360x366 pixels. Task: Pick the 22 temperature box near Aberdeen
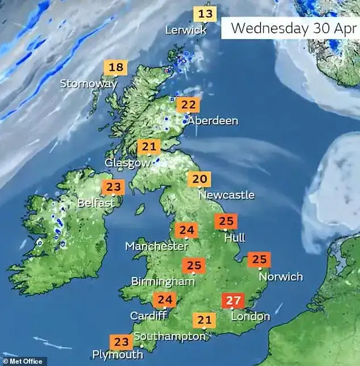pos(187,105)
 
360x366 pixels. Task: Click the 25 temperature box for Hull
pos(227,221)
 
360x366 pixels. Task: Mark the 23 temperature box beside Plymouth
pos(121,342)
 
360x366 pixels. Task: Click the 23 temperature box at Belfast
pos(113,187)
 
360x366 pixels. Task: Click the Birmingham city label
pos(159,281)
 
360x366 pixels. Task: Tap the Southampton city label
pos(169,336)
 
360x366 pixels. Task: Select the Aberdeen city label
pos(213,121)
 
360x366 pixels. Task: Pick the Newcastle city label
pos(227,195)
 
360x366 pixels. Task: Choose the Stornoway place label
pos(89,84)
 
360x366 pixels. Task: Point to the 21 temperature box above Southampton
pos(204,321)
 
